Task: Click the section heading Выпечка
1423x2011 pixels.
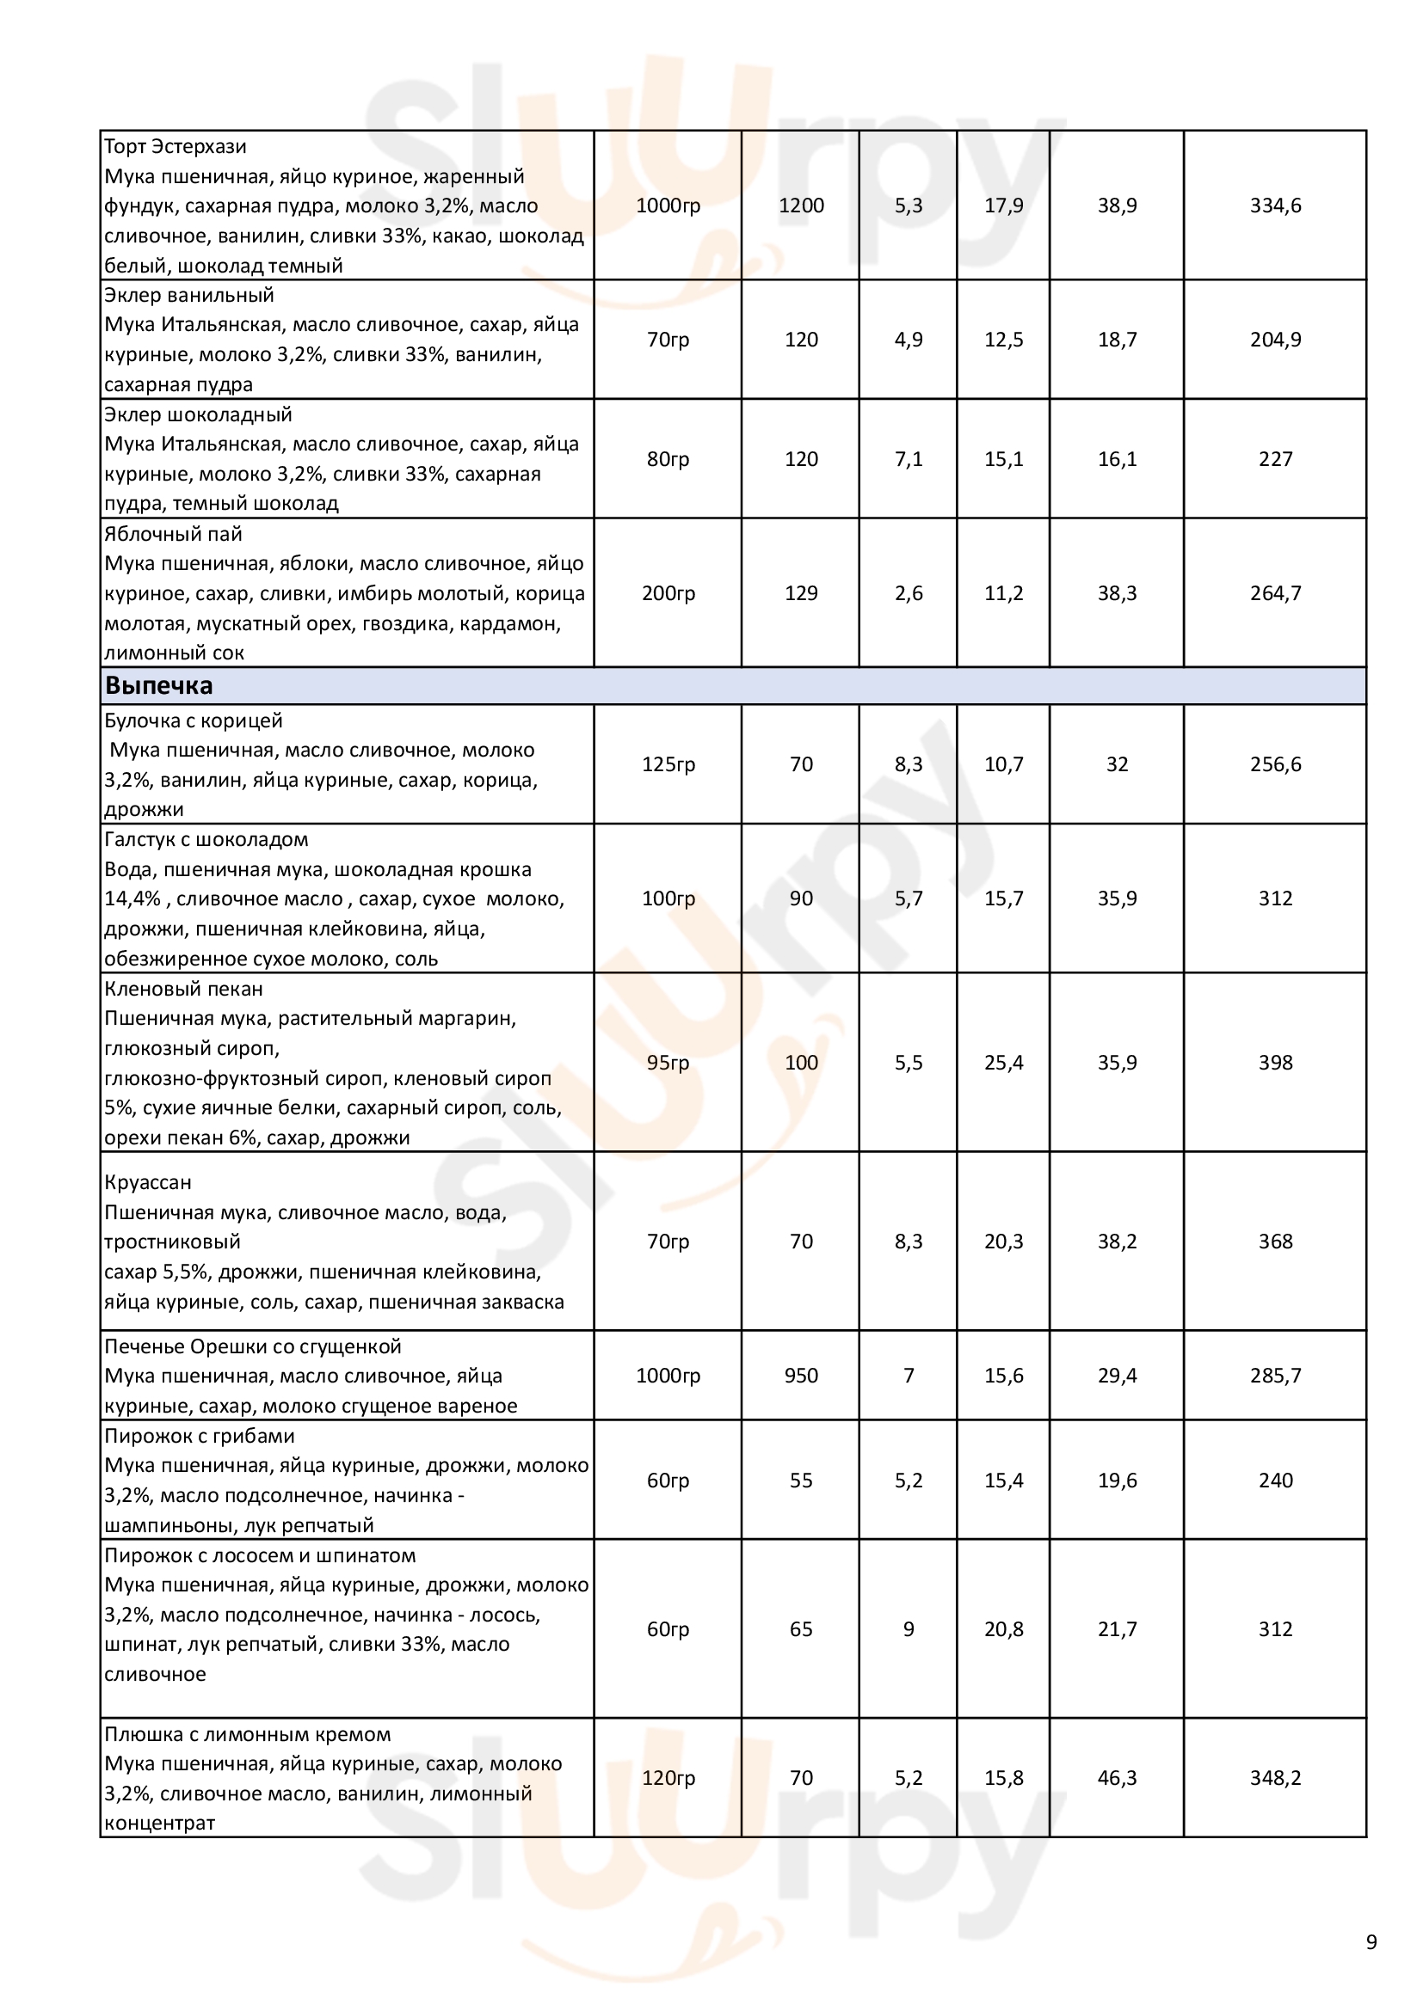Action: [x=158, y=686]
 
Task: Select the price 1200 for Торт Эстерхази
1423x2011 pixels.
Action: [x=801, y=205]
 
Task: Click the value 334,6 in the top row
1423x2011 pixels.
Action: [x=1275, y=205]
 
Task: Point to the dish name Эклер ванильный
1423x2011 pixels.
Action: [x=189, y=295]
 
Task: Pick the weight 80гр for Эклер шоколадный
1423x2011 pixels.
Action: [x=668, y=459]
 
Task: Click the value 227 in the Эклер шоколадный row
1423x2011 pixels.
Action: [x=1275, y=459]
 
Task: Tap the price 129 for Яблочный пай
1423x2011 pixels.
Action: [x=801, y=593]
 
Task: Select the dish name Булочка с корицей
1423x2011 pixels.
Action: [x=194, y=720]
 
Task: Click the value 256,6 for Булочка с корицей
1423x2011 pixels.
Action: [x=1275, y=764]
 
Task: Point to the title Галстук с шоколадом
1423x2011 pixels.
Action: [x=206, y=840]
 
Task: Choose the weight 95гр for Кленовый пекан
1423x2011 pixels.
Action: [x=668, y=1063]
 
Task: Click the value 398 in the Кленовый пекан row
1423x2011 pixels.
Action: [x=1275, y=1063]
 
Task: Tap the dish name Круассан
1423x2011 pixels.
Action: [x=147, y=1182]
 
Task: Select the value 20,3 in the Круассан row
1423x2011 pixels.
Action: [x=1003, y=1242]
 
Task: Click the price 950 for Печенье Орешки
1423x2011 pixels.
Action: [x=801, y=1375]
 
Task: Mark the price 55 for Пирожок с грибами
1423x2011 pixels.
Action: [x=801, y=1481]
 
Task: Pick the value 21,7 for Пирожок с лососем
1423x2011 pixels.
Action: [x=1118, y=1629]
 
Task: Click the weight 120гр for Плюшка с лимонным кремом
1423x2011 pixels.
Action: [x=668, y=1778]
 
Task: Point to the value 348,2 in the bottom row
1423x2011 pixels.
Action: [x=1275, y=1778]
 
